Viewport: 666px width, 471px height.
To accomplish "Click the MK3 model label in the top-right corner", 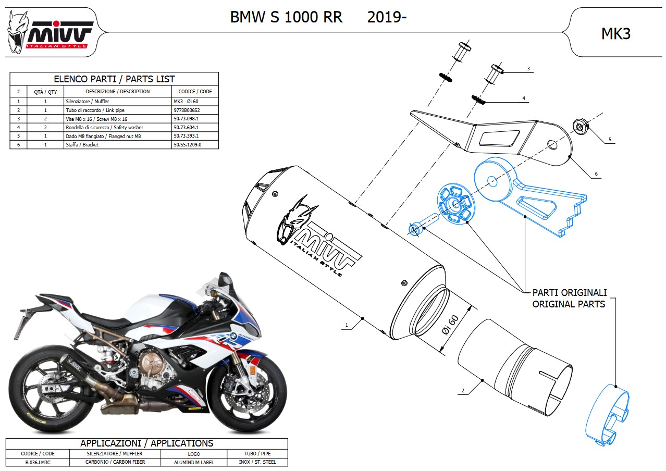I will [616, 34].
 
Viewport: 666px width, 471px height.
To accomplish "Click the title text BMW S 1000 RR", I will [286, 17].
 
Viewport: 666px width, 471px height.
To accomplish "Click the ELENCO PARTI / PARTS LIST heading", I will [114, 79].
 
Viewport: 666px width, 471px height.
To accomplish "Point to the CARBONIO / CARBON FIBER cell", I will [115, 462].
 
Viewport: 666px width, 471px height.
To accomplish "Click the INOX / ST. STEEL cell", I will [257, 462].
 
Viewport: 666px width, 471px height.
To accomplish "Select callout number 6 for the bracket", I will [596, 174].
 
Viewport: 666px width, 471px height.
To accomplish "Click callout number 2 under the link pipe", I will [463, 390].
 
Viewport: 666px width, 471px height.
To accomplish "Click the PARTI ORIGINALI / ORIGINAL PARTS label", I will [569, 298].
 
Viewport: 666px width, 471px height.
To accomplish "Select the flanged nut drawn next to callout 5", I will [579, 126].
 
